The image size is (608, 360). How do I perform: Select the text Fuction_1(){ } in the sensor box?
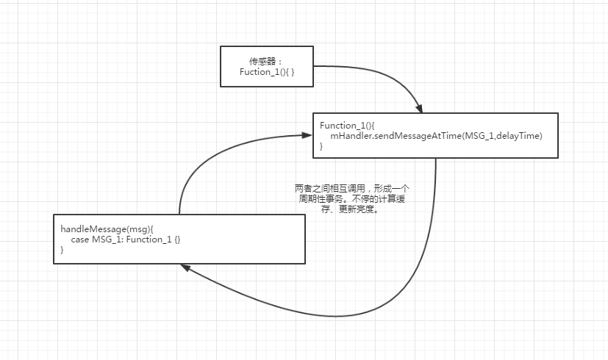point(267,72)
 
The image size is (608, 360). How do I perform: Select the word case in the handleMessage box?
point(79,240)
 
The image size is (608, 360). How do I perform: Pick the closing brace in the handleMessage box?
point(62,250)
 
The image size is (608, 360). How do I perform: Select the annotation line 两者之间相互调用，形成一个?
point(351,189)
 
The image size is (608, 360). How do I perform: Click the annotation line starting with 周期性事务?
point(351,198)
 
